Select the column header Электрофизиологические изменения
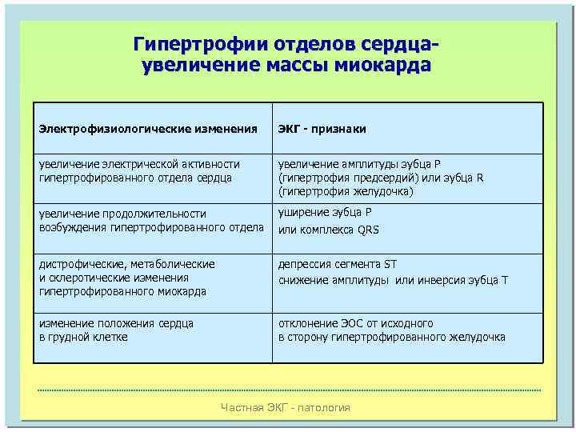coord(148,128)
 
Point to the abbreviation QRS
coord(368,230)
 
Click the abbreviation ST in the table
coord(390,264)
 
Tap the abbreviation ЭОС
coord(350,323)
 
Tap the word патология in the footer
coord(326,408)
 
